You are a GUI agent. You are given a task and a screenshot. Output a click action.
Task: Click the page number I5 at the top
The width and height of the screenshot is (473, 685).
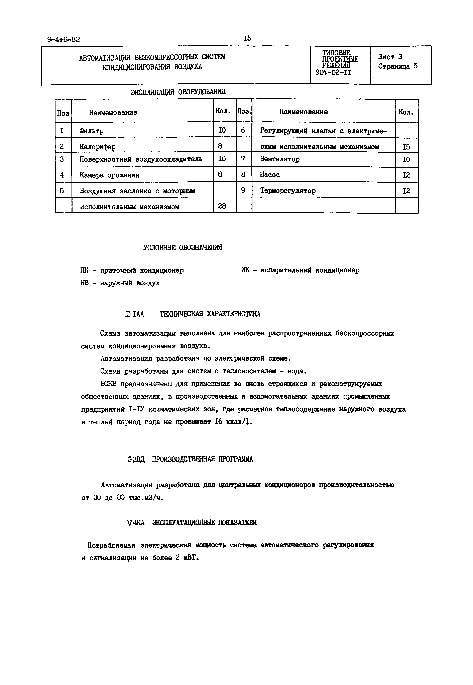point(247,38)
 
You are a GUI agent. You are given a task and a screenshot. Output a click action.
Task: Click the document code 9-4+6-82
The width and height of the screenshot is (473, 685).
point(64,39)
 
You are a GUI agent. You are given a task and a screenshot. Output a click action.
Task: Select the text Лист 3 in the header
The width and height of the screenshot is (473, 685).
point(390,57)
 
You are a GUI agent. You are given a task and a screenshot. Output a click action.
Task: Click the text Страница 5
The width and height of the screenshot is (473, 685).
point(398,66)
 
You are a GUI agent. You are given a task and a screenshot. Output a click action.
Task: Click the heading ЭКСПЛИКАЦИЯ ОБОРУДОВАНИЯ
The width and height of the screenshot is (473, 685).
point(178,92)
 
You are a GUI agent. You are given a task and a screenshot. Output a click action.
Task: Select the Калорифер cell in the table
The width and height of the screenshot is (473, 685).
point(98,146)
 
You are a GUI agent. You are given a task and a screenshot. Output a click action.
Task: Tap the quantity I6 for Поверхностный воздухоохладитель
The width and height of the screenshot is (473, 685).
point(222,159)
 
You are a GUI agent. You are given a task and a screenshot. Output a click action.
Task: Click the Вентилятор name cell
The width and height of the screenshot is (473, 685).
point(280,159)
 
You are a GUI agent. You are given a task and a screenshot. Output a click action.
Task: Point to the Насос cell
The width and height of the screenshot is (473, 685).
point(270,175)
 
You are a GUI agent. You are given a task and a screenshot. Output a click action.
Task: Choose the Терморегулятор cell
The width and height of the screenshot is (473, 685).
point(288,191)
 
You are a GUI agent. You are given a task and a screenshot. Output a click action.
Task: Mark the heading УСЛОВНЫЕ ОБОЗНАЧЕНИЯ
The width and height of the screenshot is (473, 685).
point(183,247)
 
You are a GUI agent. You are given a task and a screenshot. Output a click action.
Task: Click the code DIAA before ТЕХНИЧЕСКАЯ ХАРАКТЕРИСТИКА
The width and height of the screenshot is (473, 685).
point(135,314)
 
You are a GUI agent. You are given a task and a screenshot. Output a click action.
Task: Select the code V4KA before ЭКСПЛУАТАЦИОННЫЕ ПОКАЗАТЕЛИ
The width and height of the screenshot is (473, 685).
point(135,523)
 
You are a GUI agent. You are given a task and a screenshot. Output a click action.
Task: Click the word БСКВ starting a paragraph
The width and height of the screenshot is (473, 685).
point(109,384)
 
